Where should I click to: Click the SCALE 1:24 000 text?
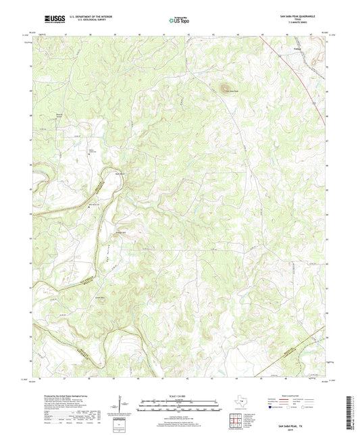(179, 395)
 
